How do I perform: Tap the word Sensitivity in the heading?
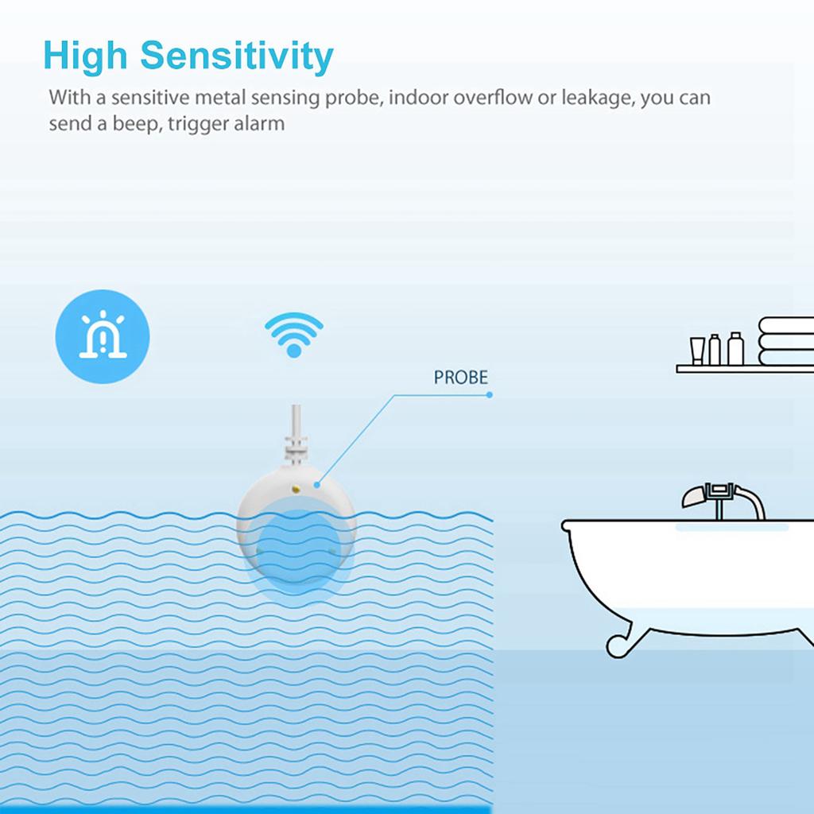(x=236, y=57)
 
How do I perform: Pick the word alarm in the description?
(x=258, y=124)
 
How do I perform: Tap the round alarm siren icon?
(x=103, y=336)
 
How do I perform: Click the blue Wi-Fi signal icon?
(x=294, y=334)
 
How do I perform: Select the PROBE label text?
(x=461, y=378)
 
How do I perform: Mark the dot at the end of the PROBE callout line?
(x=490, y=394)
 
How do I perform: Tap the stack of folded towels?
(x=786, y=340)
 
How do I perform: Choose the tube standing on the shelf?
(x=697, y=351)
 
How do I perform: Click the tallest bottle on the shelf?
(x=735, y=348)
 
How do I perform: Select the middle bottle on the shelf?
(x=715, y=350)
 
